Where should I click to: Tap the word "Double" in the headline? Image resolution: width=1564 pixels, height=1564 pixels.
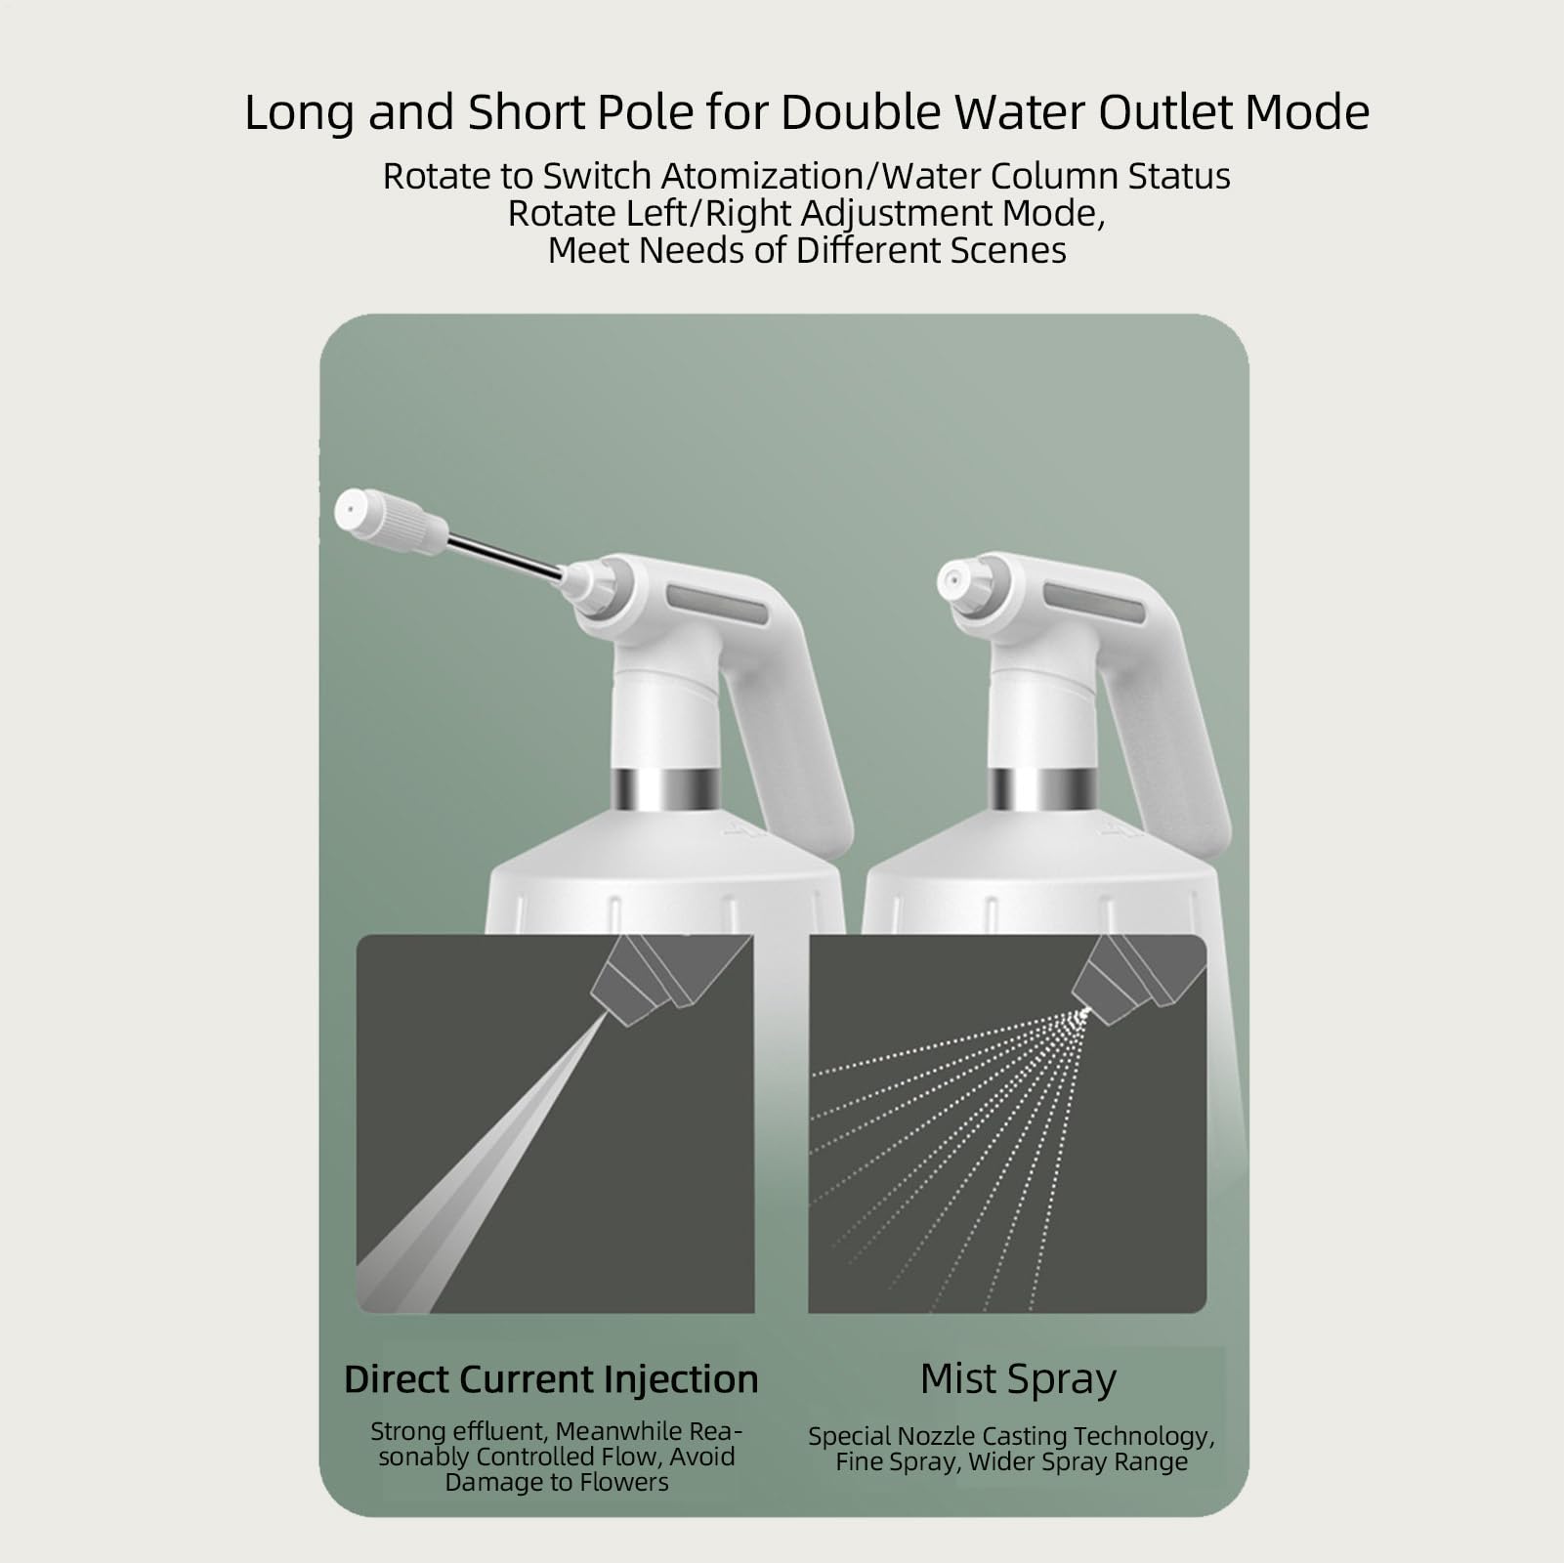(x=861, y=112)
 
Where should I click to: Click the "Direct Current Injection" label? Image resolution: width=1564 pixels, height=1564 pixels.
(x=551, y=1379)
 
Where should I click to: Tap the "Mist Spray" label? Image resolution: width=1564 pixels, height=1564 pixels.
(x=1018, y=1378)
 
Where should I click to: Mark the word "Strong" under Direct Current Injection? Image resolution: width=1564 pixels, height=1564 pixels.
(x=410, y=1432)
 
